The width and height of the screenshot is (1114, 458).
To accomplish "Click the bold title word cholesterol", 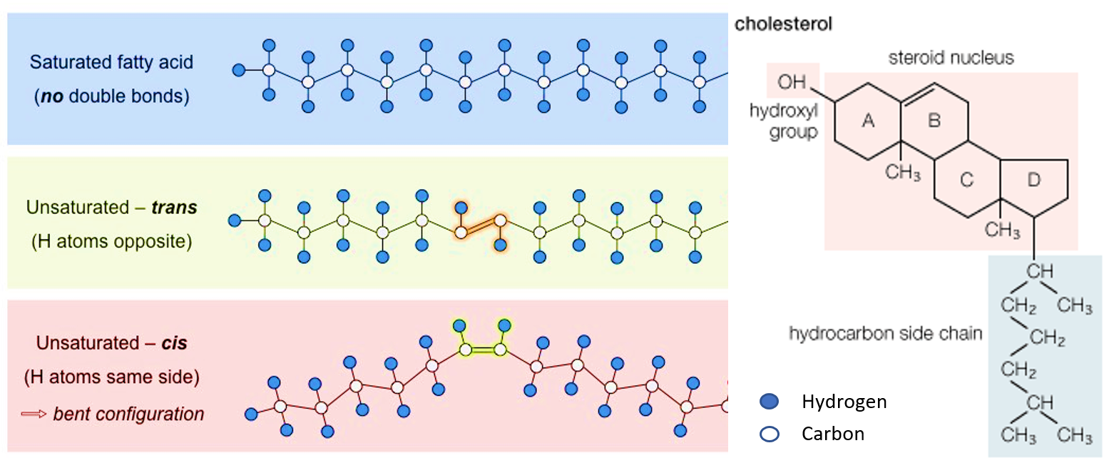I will click(783, 24).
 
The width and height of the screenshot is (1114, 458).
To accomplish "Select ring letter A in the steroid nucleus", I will click(867, 121).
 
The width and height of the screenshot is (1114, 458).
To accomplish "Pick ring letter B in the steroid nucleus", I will click(934, 121).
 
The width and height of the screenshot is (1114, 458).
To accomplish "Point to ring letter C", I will click(966, 180).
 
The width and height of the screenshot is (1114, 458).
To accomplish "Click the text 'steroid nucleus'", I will click(951, 57).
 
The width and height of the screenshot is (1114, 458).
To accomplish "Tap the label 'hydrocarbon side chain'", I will click(885, 333).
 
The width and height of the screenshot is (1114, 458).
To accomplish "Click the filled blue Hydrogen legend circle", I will click(770, 402).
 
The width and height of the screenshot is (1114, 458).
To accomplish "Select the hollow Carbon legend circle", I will click(770, 434).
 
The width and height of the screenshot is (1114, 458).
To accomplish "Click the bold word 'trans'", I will click(174, 208).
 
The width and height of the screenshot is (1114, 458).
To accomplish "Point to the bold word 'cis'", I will click(174, 343).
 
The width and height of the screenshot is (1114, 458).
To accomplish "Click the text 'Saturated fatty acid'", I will click(111, 62).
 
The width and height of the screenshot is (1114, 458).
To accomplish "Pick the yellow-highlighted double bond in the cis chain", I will click(483, 350).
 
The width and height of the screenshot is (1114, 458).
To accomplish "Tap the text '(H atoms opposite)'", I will click(111, 241).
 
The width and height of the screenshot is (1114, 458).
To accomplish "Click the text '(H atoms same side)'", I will click(111, 376).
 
